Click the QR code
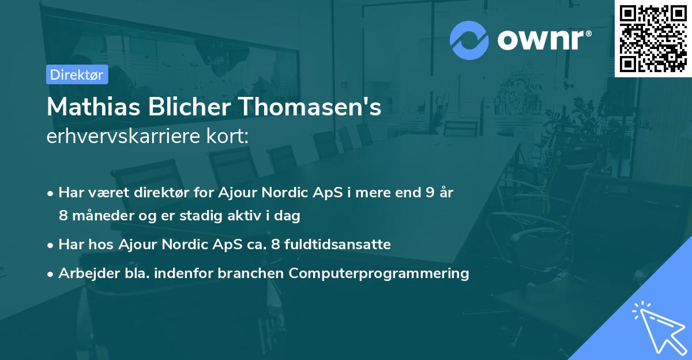(653, 39)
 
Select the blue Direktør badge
(77, 74)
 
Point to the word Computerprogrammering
(379, 273)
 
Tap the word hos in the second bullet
(103, 245)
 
